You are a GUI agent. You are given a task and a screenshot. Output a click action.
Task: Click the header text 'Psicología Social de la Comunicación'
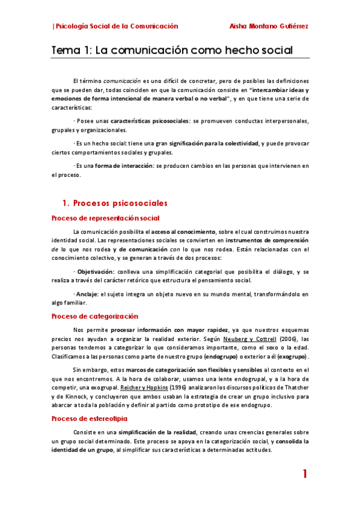pos(117,26)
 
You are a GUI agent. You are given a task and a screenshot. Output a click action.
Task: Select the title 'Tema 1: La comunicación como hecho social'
pos(172,51)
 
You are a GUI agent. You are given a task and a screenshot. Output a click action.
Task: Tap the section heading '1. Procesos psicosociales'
pos(115,203)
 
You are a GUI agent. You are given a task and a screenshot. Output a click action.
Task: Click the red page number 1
pos(305,474)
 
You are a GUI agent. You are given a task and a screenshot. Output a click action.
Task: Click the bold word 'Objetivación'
pos(96,271)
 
